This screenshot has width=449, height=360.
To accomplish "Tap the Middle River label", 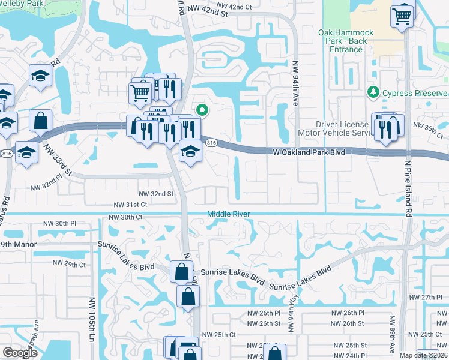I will pos(228,214).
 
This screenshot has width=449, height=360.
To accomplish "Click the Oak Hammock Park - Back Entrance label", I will pos(346,41).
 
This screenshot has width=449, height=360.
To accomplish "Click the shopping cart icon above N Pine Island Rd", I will pos(402,14).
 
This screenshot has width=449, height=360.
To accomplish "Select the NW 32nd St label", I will pos(156,194).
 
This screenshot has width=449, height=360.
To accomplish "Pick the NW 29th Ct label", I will pos(69,264).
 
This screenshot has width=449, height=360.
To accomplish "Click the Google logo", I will pos(20,353).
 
